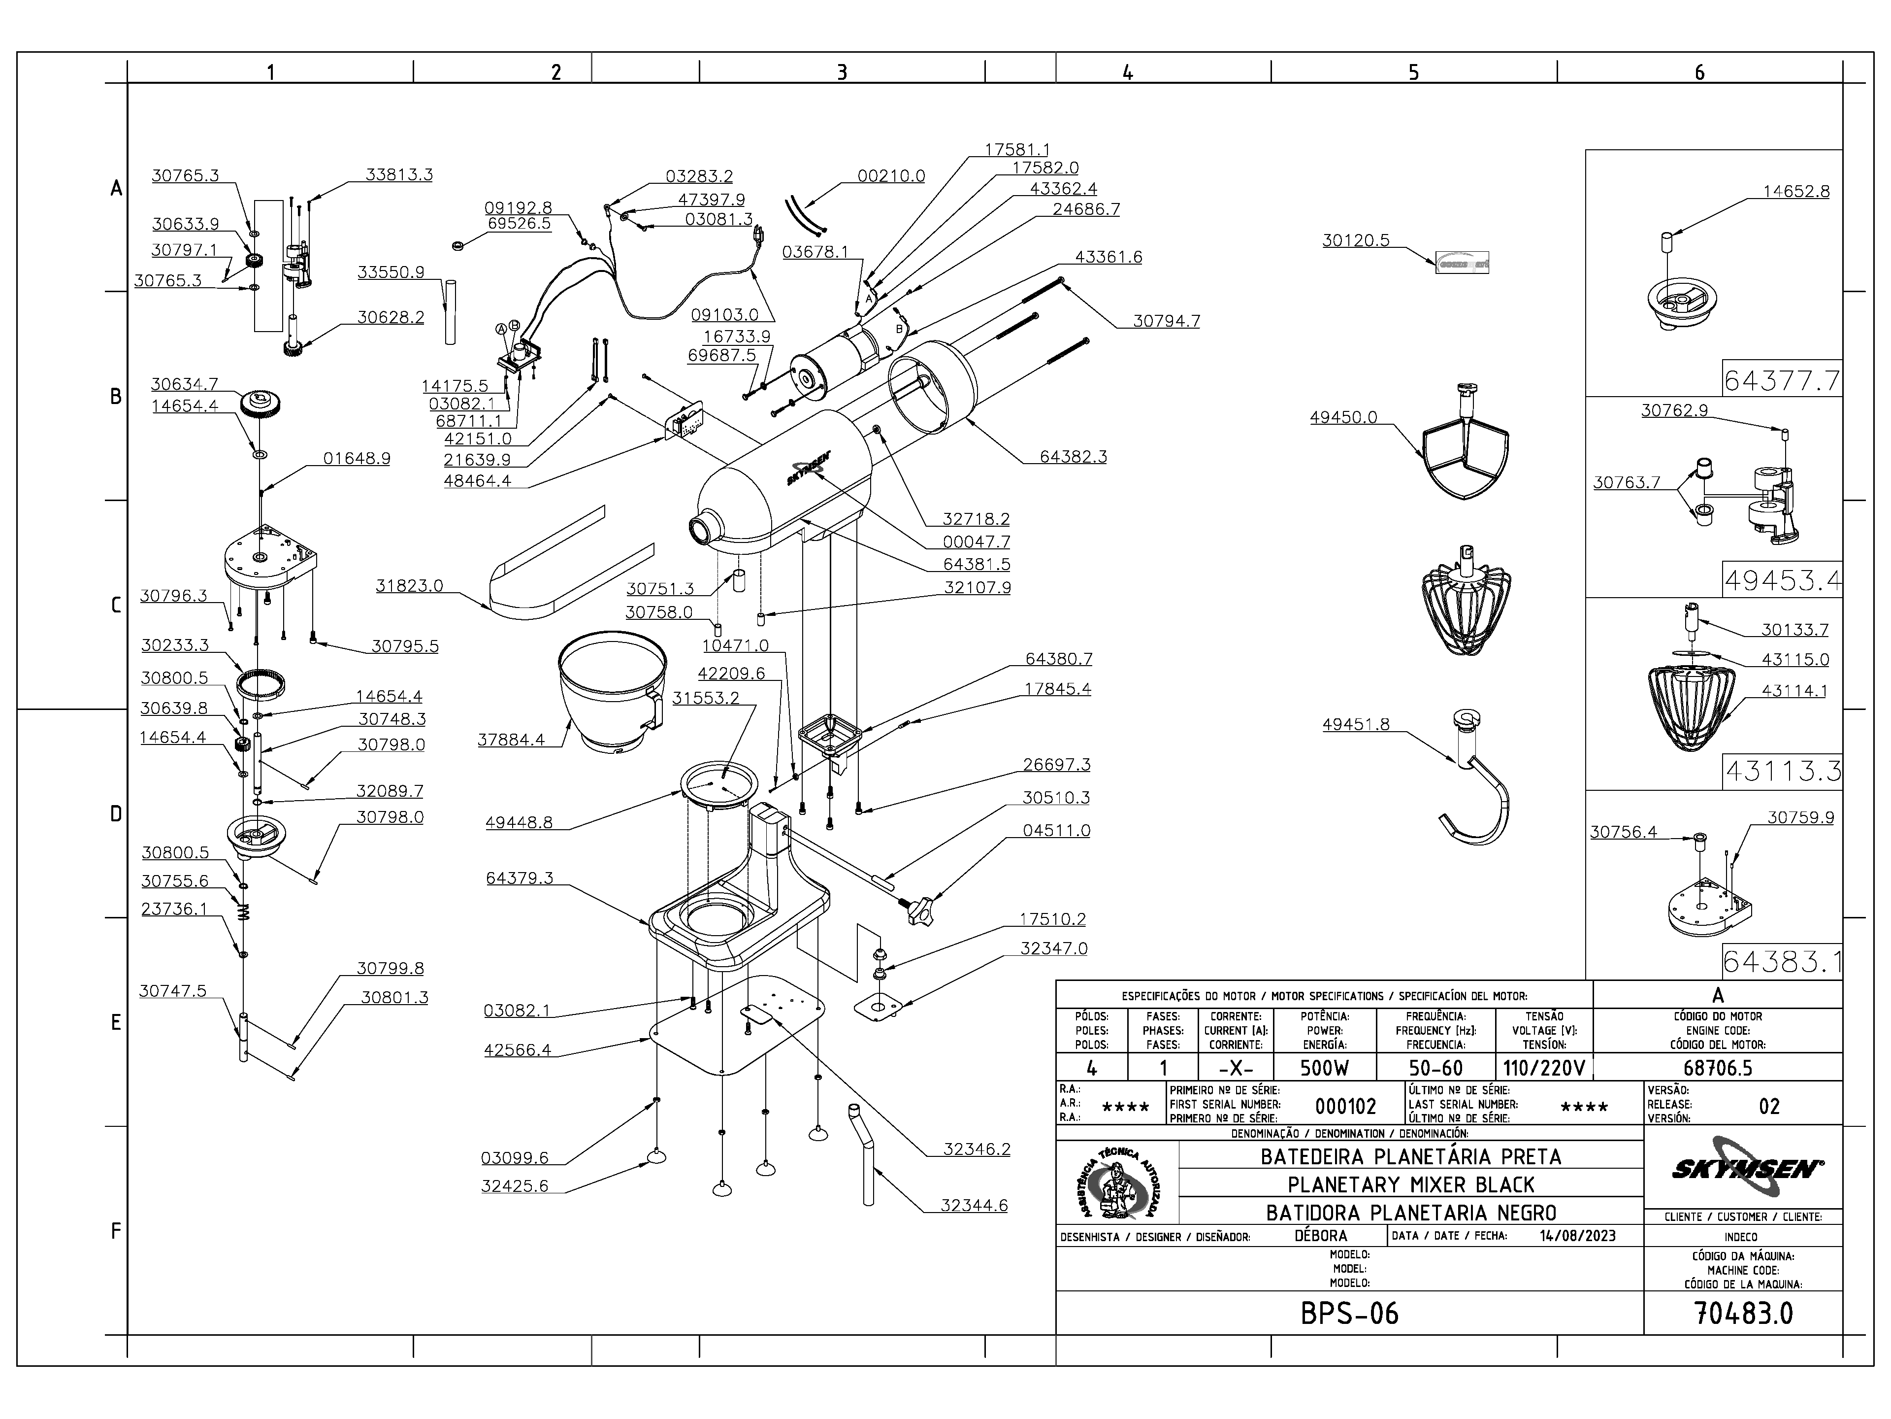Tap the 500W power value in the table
pos(1324,1068)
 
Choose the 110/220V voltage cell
pos(1544,1068)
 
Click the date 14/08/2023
pos(1577,1235)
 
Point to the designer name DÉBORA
pos(1321,1235)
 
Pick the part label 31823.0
pos(410,586)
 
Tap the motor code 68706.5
pos(1718,1068)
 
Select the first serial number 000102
pos(1345,1106)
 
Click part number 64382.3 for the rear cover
pos(1073,457)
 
